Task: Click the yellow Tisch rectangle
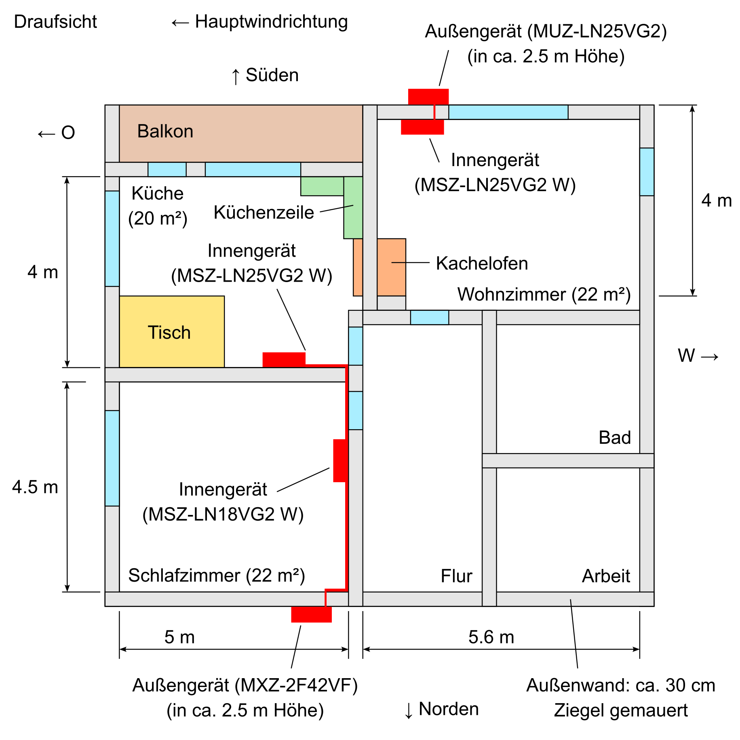(x=172, y=332)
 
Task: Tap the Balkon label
(x=165, y=131)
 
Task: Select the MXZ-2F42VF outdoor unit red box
(x=311, y=614)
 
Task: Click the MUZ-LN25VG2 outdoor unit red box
(x=428, y=97)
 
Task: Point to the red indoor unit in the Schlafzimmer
(x=340, y=461)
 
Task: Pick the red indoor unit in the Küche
(x=284, y=359)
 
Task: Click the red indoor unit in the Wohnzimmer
(x=422, y=127)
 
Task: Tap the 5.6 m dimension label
(x=491, y=637)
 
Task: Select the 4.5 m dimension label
(x=35, y=487)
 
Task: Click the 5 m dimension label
(x=179, y=637)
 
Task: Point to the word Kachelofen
(x=482, y=264)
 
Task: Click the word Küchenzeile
(x=264, y=213)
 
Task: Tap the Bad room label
(x=614, y=437)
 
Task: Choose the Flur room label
(x=456, y=576)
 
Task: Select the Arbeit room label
(x=606, y=576)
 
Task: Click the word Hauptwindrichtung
(x=271, y=22)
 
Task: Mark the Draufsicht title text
(x=55, y=22)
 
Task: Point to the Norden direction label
(x=449, y=709)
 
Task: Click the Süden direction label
(x=272, y=75)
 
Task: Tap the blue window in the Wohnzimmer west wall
(x=647, y=172)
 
